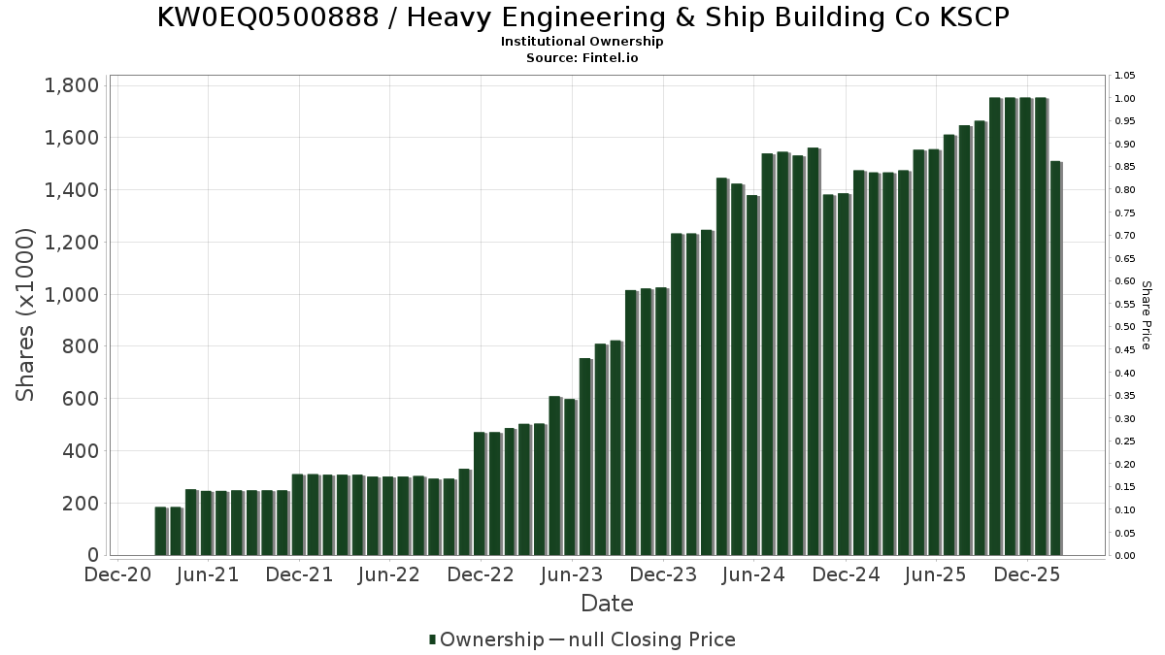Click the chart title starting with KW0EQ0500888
pyautogui.click(x=582, y=17)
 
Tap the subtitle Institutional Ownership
pyautogui.click(x=582, y=42)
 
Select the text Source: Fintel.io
pyautogui.click(x=582, y=58)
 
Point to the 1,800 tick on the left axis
pyautogui.click(x=72, y=85)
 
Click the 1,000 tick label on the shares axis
pyautogui.click(x=72, y=294)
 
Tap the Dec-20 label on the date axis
pyautogui.click(x=117, y=574)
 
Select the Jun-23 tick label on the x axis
pyautogui.click(x=572, y=574)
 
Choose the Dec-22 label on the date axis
pyautogui.click(x=482, y=574)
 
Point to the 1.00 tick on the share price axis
pyautogui.click(x=1125, y=99)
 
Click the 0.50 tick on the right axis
pyautogui.click(x=1125, y=327)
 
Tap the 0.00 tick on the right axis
pyautogui.click(x=1125, y=556)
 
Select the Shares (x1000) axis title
pyautogui.click(x=25, y=314)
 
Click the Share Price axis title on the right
pyautogui.click(x=1146, y=314)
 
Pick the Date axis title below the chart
pyautogui.click(x=607, y=604)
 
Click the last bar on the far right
pyautogui.click(x=1055, y=359)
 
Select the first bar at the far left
pyautogui.click(x=160, y=531)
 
